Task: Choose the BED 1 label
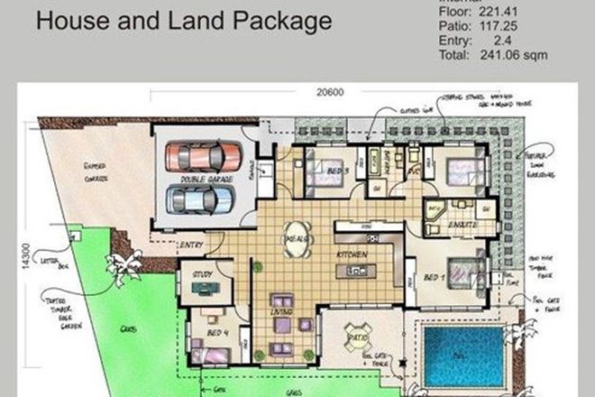[432, 276]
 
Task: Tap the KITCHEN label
[352, 255]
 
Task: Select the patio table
[353, 340]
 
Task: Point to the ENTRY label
[192, 245]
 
